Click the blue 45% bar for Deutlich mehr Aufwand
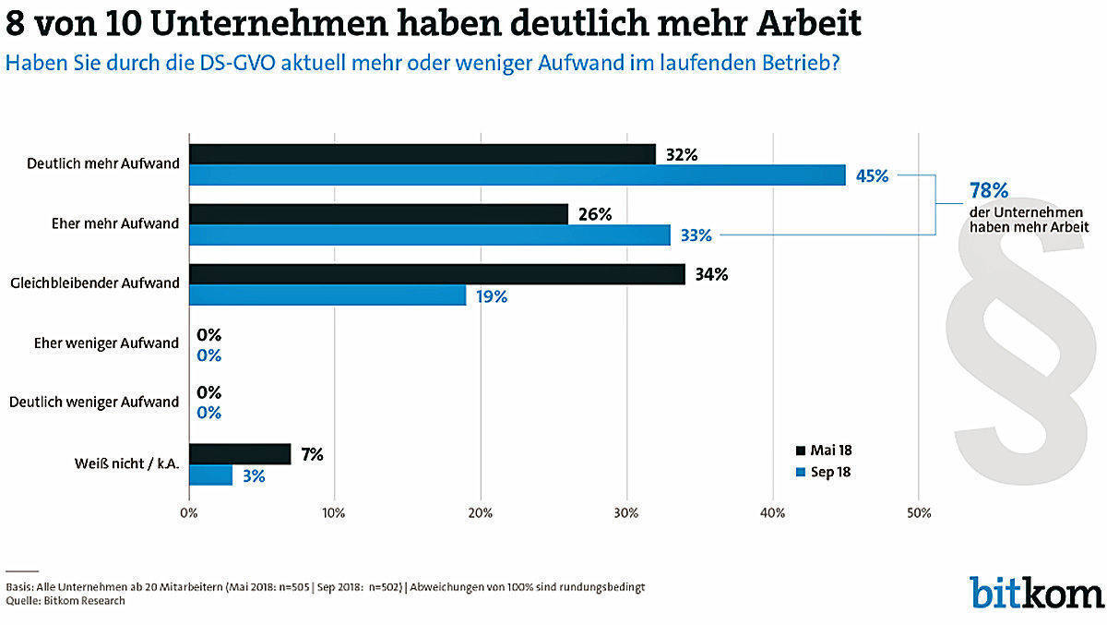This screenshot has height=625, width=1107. click(x=517, y=174)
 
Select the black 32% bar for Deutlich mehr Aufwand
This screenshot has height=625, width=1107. click(x=423, y=154)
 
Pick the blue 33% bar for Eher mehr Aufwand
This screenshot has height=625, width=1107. click(x=430, y=235)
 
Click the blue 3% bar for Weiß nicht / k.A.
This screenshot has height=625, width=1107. click(x=210, y=475)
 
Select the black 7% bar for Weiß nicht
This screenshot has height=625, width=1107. click(x=240, y=454)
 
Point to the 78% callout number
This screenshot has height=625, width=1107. click(x=988, y=191)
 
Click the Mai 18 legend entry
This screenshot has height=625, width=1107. click(x=824, y=451)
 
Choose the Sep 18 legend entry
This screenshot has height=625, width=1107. click(x=824, y=472)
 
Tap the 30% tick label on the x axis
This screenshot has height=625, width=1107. click(x=626, y=512)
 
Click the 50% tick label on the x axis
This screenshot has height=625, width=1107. click(x=919, y=512)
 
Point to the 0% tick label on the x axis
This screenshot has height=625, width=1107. click(x=189, y=512)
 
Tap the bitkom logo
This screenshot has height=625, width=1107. click(x=1035, y=592)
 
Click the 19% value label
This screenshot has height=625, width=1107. click(x=492, y=296)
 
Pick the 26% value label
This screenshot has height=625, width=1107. click(x=595, y=214)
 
